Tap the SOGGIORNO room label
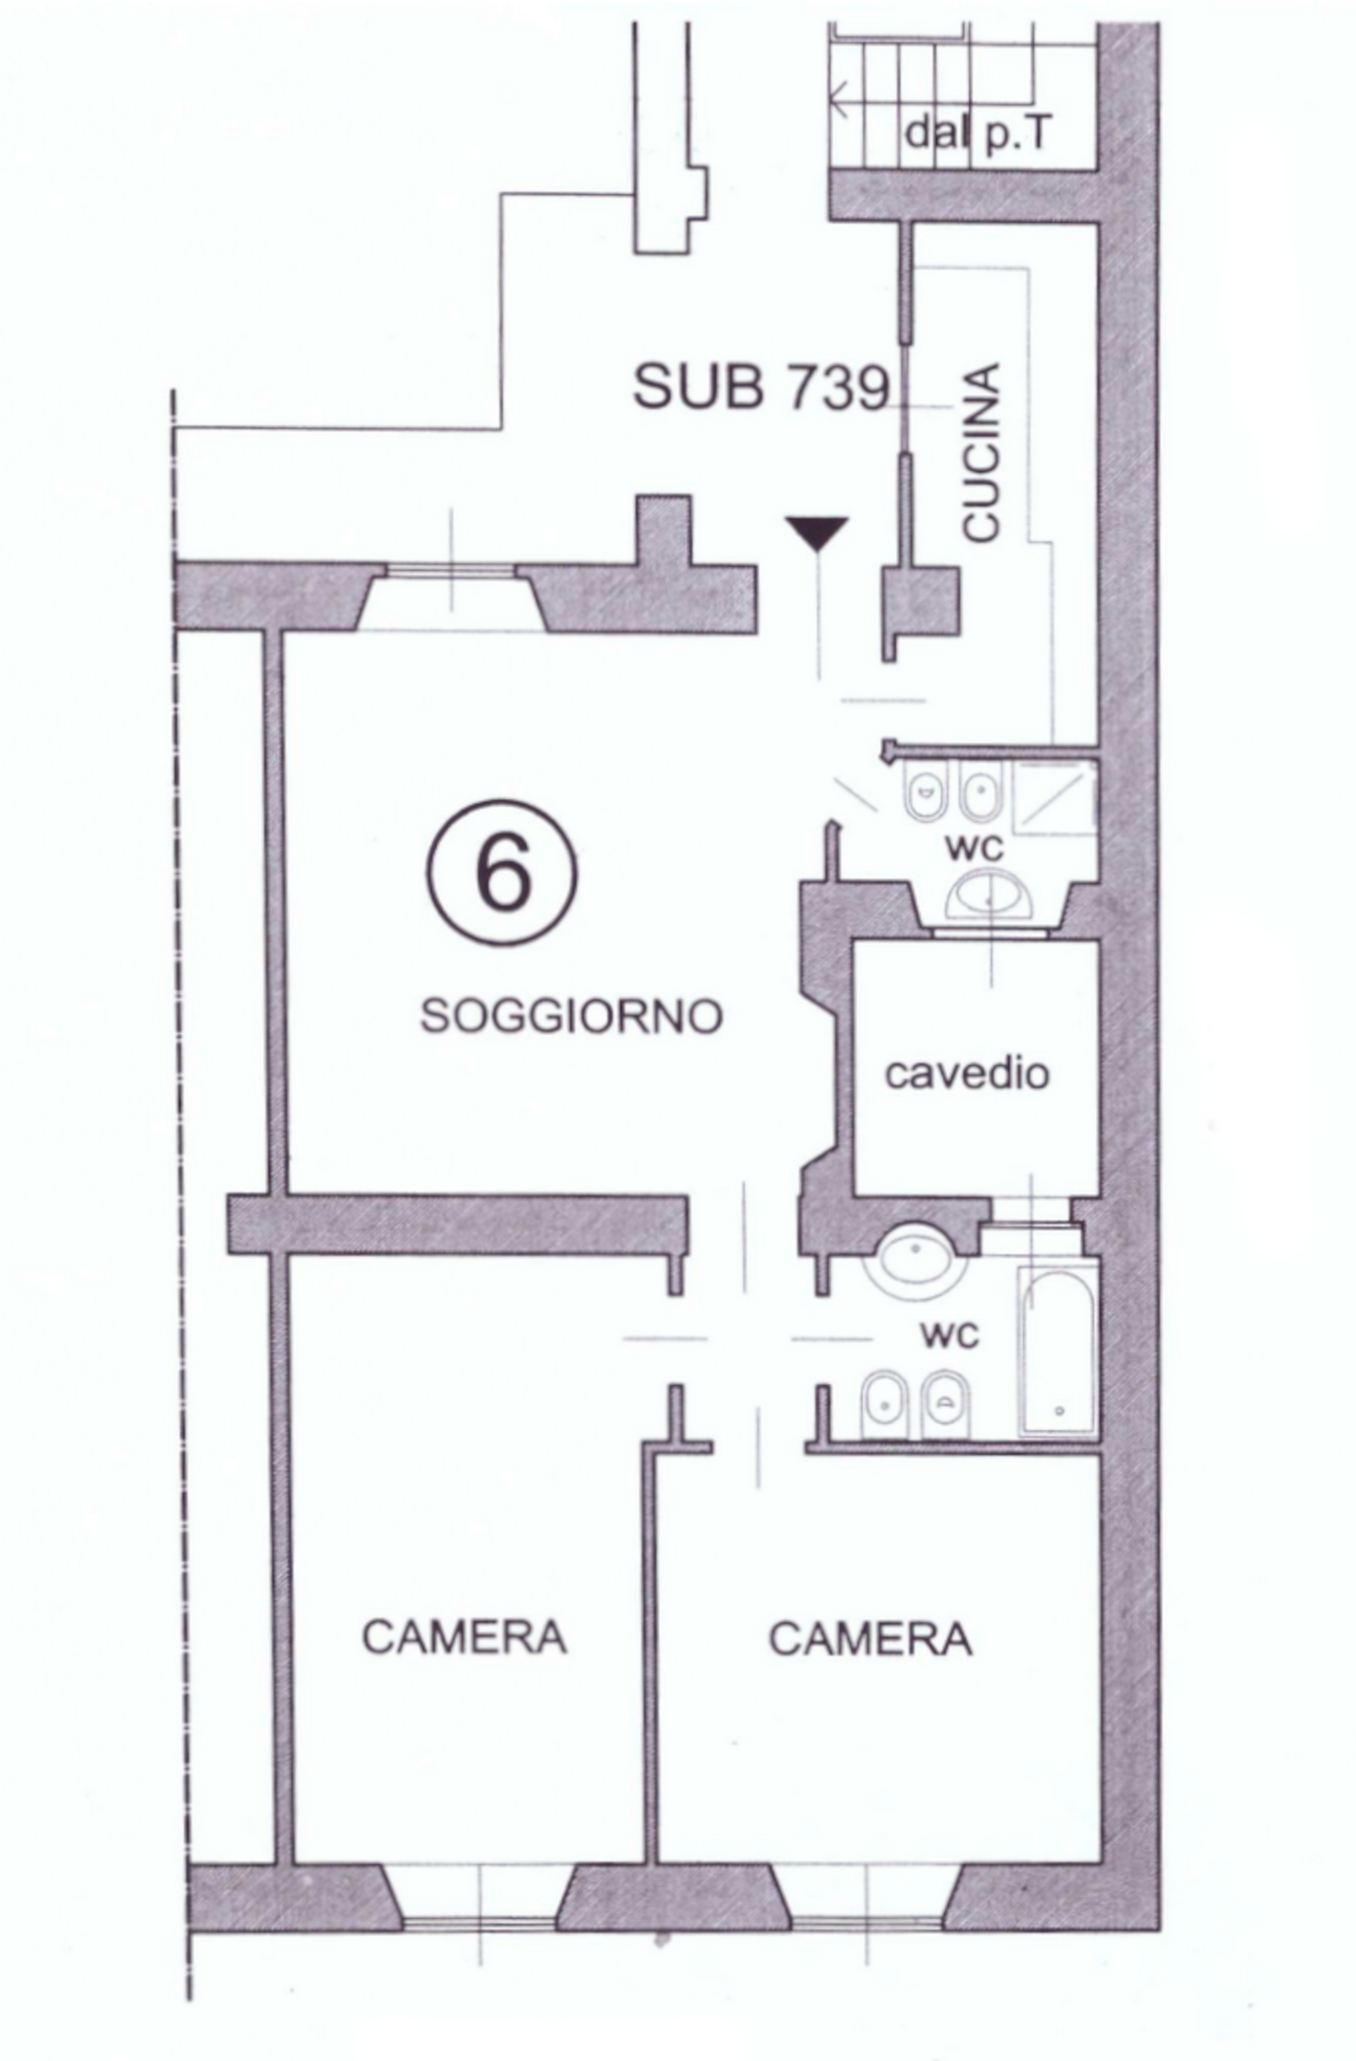(571, 1016)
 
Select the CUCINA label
(981, 452)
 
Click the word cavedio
(966, 1073)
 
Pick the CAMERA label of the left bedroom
(464, 1636)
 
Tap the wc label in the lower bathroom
(949, 1334)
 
